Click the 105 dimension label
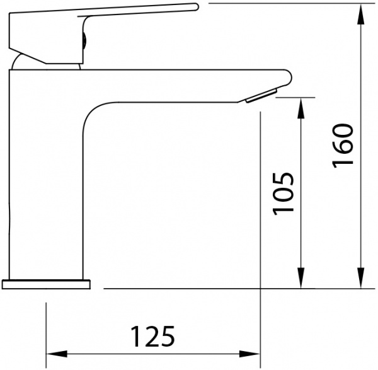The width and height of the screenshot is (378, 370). point(284,193)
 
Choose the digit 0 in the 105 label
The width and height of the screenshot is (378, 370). point(284,193)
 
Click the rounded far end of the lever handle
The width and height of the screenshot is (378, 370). point(192,8)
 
